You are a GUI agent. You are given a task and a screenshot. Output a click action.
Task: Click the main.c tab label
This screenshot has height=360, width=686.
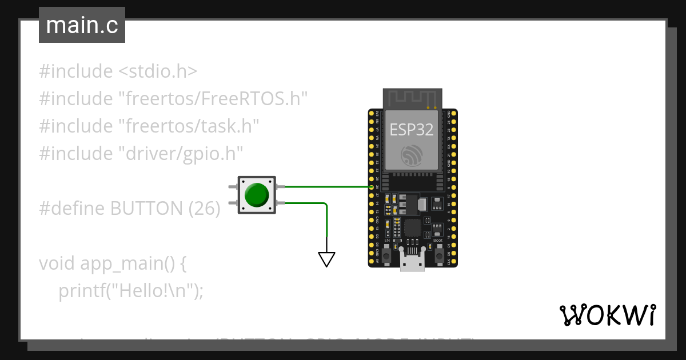pos(82,26)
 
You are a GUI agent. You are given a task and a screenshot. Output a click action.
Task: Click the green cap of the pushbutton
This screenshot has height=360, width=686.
pos(256,195)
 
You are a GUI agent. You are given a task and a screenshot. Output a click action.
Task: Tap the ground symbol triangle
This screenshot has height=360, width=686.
pos(326,259)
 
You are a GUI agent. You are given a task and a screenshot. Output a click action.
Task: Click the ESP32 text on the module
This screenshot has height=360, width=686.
pos(412,129)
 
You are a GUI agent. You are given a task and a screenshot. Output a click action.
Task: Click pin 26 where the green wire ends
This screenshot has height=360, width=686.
pos(372,187)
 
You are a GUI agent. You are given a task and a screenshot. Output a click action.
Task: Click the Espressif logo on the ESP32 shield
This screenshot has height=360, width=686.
pos(412,155)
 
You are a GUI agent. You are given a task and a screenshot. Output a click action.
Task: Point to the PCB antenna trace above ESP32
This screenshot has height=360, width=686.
pos(412,98)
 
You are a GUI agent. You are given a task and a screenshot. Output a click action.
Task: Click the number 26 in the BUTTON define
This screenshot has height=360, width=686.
pos(204,209)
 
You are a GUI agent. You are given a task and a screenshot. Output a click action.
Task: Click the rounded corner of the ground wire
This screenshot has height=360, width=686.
pos(325,205)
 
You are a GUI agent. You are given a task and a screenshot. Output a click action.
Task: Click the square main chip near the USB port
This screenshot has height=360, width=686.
pos(412,228)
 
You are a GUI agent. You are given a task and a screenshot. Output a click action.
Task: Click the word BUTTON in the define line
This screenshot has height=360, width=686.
pos(145,209)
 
